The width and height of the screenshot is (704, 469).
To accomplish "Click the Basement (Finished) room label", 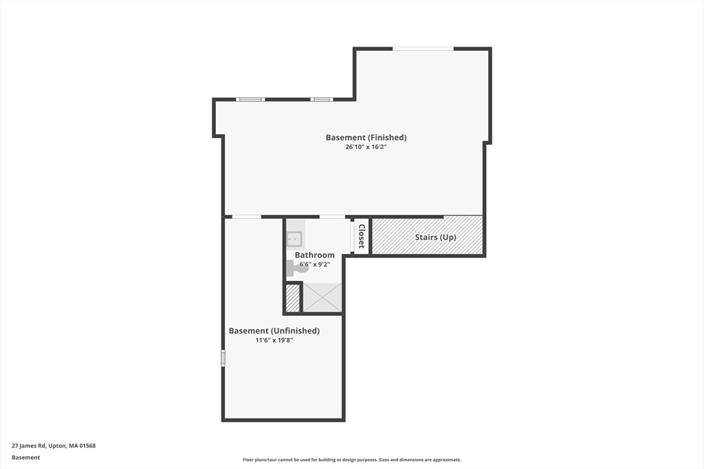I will [x=366, y=137].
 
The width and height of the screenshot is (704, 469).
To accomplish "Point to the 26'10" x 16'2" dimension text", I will [x=366, y=147].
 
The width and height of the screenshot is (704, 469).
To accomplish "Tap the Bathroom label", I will [x=315, y=255].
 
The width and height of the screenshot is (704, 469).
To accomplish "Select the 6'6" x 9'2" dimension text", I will [x=315, y=264].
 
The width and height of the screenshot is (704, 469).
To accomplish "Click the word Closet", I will [x=362, y=236].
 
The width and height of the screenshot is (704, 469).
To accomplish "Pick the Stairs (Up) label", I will [x=435, y=238].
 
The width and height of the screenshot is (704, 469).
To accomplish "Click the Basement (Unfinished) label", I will [x=274, y=330].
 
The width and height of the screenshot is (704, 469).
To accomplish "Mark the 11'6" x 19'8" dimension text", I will [x=274, y=340].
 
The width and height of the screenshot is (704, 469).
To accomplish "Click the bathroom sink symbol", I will [x=295, y=239].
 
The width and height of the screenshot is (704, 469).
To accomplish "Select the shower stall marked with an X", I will [x=322, y=297].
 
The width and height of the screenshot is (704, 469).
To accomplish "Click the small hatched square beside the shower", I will [x=293, y=298].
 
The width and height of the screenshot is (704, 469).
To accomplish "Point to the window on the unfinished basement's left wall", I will [x=223, y=358].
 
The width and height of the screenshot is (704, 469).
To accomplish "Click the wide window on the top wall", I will [x=423, y=48].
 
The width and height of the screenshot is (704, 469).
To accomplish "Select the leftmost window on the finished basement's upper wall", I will [x=250, y=100].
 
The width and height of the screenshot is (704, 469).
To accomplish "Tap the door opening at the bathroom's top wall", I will [x=332, y=217].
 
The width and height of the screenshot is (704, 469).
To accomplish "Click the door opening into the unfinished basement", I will [x=246, y=217].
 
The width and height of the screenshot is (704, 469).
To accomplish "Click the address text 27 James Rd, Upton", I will [x=54, y=446].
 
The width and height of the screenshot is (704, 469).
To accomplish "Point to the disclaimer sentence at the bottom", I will [x=351, y=460].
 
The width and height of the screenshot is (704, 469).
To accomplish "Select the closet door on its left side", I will [x=353, y=236].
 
